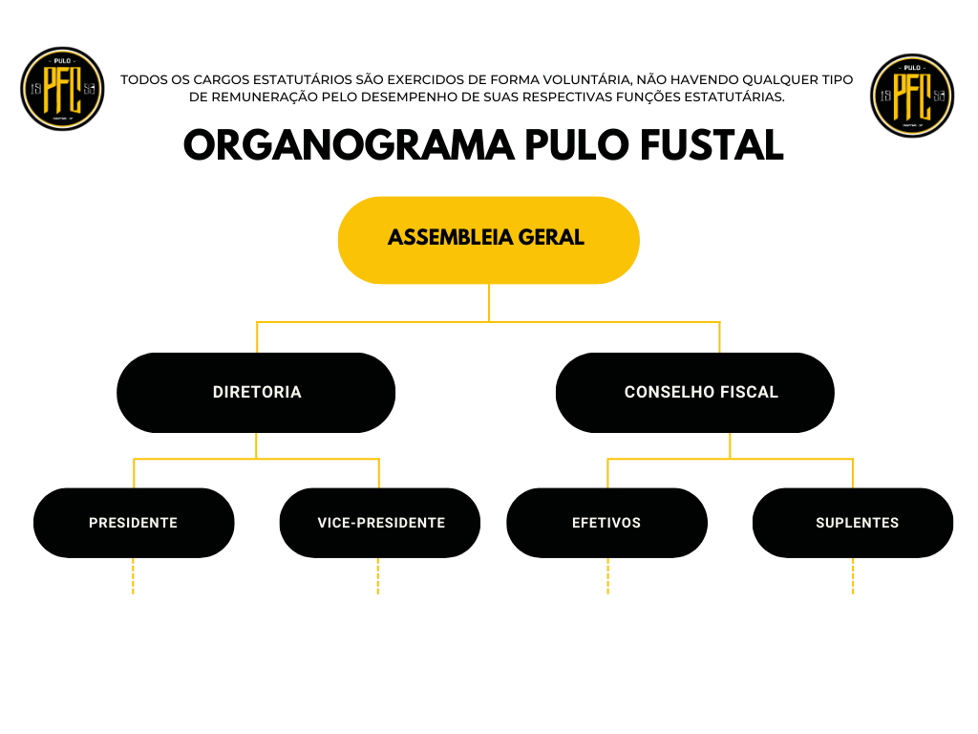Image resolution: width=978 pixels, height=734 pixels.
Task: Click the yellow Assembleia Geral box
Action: point(488,240)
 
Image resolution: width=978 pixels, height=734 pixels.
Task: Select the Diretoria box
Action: point(257,392)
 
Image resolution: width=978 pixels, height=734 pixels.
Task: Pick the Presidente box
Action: point(134,523)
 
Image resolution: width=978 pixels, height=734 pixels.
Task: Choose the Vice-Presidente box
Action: point(380,523)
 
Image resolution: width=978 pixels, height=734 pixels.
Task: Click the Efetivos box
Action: point(606,523)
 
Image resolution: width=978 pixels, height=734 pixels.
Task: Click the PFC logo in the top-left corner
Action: point(62,89)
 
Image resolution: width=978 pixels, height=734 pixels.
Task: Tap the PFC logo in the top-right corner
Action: point(912,96)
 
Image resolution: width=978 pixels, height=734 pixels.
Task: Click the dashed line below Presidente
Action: point(133,576)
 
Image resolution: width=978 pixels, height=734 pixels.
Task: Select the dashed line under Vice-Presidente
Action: point(378,576)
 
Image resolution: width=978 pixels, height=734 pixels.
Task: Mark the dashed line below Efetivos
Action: point(607,576)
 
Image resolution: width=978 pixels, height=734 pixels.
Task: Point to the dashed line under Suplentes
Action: point(853,576)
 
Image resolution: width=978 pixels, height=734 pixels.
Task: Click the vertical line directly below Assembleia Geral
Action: point(488,303)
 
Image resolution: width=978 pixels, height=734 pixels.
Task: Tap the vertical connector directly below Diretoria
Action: point(257,446)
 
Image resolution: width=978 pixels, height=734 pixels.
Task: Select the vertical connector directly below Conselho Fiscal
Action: point(730,446)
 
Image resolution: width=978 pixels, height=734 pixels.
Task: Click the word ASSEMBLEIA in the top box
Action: point(450,238)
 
